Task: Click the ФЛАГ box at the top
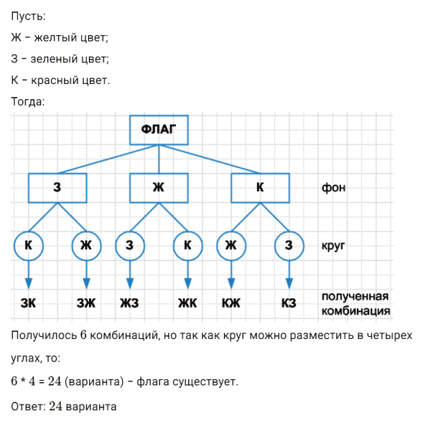point(159,130)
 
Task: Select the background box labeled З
point(57,188)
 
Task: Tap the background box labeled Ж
point(159,188)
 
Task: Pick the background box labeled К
point(260,188)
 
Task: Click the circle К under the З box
point(28,246)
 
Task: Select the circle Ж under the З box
point(86,246)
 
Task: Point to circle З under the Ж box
point(129,246)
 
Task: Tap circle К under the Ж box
point(187,246)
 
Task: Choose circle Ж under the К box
point(231,246)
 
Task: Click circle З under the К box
point(289,246)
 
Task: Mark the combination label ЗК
point(28,303)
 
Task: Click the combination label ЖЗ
point(129,303)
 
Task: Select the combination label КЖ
point(231,303)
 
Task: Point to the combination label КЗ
point(289,303)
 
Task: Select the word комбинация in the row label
point(356,310)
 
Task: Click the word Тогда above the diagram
point(28,101)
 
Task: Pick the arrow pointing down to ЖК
point(187,277)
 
